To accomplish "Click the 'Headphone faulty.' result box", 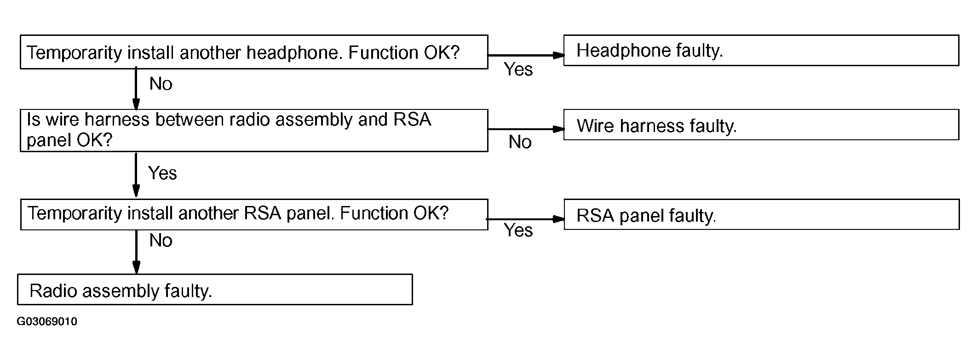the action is pyautogui.click(x=761, y=50).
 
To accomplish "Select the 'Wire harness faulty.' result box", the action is pyautogui.click(x=761, y=125).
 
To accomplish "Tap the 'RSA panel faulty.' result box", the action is pyautogui.click(x=761, y=214).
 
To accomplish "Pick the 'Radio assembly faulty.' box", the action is pyautogui.click(x=215, y=290).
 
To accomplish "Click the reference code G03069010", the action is pyautogui.click(x=47, y=321).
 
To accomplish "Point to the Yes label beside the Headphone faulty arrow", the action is pyautogui.click(x=518, y=69).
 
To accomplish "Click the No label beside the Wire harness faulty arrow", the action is pyautogui.click(x=520, y=142).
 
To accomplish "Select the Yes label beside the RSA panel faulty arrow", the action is pyautogui.click(x=518, y=230).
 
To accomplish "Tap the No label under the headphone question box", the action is pyautogui.click(x=161, y=84).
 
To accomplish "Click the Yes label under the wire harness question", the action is pyautogui.click(x=162, y=173).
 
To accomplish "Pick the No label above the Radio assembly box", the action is pyautogui.click(x=161, y=240).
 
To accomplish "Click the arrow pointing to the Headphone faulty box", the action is pyautogui.click(x=526, y=55).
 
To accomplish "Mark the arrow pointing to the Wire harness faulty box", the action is pyautogui.click(x=526, y=129).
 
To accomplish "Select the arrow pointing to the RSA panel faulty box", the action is pyautogui.click(x=526, y=219).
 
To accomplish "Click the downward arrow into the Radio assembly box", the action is pyautogui.click(x=136, y=252).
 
